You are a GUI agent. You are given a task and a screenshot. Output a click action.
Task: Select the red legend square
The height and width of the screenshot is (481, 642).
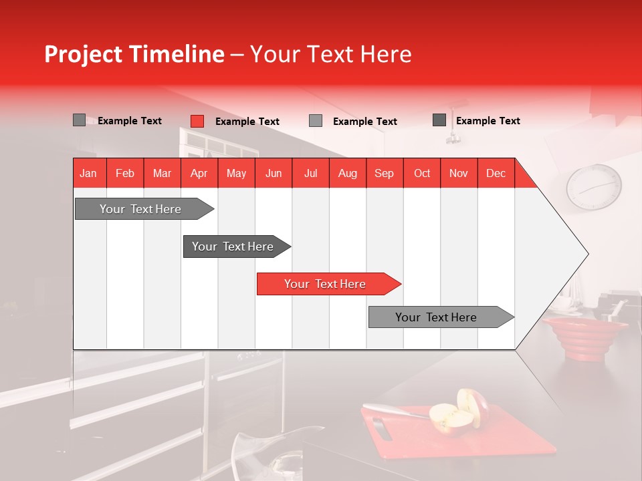(197, 121)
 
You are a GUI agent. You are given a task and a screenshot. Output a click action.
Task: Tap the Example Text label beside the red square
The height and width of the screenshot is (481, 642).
(247, 122)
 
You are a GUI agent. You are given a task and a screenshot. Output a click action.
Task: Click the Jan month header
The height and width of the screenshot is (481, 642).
(88, 174)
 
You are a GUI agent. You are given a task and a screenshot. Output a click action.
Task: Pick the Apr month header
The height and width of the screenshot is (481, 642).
(199, 174)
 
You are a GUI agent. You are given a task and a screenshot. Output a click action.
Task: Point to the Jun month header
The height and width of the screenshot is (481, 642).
(273, 174)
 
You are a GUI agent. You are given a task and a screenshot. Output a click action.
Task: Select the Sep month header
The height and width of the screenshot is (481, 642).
(384, 174)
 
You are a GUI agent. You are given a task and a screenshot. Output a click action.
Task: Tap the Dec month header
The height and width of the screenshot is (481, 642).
(496, 174)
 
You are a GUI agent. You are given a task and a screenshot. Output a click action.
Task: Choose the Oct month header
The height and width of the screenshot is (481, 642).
(421, 174)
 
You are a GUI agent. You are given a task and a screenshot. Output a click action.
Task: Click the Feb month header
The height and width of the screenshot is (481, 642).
(125, 174)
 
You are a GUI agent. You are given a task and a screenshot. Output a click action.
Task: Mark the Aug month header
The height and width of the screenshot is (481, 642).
(347, 174)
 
